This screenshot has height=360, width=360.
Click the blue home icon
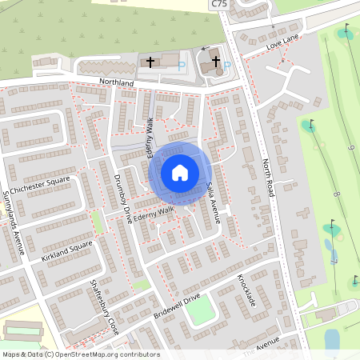180,172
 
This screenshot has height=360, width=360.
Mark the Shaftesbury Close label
103,306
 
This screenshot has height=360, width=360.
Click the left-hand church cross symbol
150,61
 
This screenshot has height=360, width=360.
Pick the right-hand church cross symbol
214,63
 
